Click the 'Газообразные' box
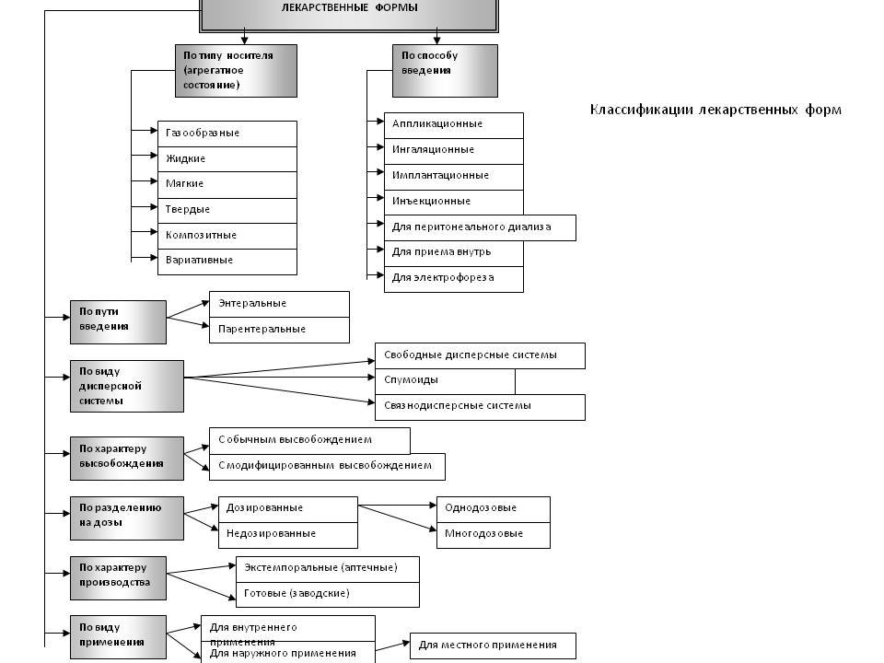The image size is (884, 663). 227,134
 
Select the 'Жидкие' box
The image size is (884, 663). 227,159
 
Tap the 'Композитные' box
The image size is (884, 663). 227,236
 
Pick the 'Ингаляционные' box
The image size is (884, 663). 454,150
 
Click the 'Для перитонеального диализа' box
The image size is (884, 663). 481,227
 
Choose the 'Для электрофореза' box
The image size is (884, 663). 454,278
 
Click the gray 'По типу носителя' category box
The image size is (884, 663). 237,71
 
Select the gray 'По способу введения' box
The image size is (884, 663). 445,71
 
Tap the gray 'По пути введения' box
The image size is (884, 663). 119,322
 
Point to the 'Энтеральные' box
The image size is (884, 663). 280,304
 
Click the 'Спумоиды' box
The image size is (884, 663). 446,381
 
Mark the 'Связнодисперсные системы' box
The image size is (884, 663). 481,407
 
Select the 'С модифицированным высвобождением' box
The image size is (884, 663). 328,467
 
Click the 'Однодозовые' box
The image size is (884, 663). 494,509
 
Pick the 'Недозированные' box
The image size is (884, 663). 288,535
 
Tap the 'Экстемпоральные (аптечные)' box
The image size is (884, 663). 328,569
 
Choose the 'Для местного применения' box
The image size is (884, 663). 493,646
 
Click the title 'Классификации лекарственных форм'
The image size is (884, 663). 715,110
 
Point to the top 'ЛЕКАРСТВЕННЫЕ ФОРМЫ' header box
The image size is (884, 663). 349,15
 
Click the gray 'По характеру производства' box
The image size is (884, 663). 119,578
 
